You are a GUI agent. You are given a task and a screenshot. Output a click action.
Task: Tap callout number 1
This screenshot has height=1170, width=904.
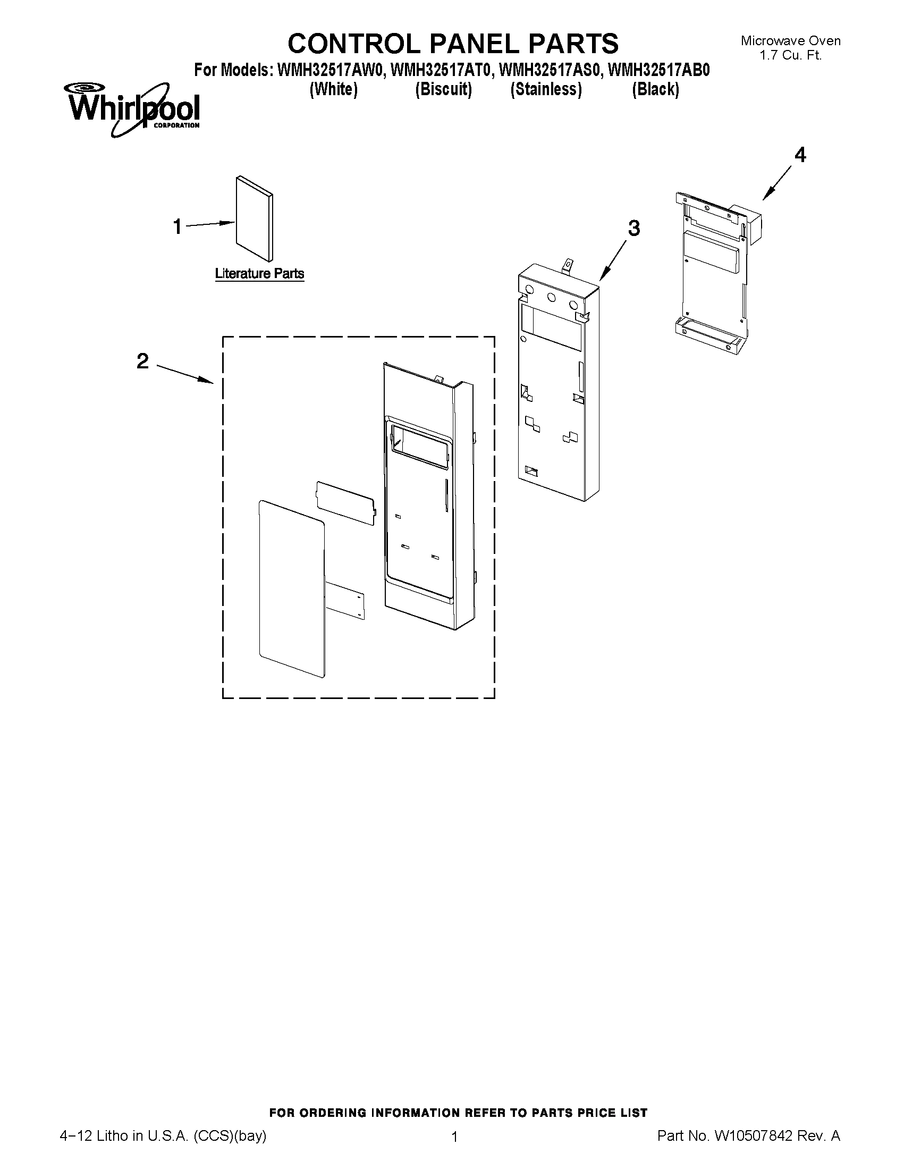(x=178, y=226)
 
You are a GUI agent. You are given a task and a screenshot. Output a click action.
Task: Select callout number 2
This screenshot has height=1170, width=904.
(x=142, y=361)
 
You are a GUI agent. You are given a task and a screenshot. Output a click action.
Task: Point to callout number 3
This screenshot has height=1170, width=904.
(x=633, y=228)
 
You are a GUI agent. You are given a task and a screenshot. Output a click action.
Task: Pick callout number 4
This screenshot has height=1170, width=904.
(x=799, y=155)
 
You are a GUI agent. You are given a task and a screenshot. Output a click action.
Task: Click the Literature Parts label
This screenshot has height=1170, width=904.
(x=259, y=274)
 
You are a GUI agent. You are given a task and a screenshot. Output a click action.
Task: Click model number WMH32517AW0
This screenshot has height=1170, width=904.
(x=331, y=70)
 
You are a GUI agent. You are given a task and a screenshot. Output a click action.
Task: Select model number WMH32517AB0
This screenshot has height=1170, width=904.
(x=659, y=70)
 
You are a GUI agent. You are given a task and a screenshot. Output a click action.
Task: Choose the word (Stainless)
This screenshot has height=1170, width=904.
(x=546, y=89)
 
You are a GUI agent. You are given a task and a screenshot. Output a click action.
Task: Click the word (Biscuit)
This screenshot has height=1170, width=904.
(x=443, y=89)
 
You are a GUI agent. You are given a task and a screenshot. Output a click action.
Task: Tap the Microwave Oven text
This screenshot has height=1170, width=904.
(x=790, y=41)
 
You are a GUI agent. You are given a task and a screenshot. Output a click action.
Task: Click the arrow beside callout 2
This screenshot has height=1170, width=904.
(x=185, y=373)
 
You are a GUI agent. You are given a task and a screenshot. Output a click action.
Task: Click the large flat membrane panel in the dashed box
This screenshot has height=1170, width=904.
(x=292, y=587)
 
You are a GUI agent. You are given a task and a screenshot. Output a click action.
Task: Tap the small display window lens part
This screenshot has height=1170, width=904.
(x=345, y=502)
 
